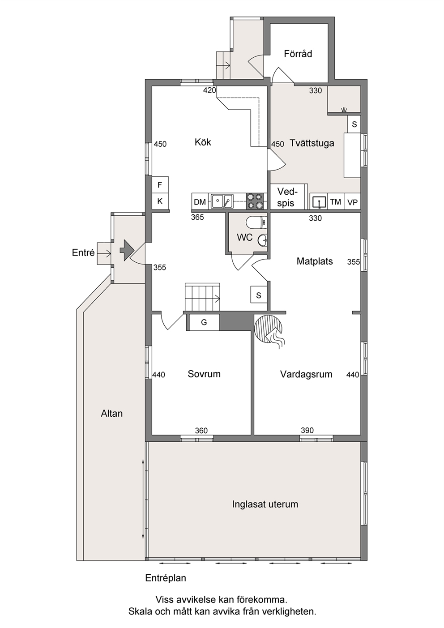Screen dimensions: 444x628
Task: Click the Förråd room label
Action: pos(298,54)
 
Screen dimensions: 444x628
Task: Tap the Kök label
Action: pos(203,142)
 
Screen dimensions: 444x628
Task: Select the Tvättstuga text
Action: pos(312,143)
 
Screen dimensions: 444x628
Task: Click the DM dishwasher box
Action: pos(200,201)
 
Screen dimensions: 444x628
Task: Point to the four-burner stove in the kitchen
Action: pos(255,201)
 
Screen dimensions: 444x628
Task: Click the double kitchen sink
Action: pos(222,201)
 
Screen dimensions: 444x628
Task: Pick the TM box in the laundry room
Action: pos(336,201)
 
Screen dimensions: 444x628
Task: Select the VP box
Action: pos(352,201)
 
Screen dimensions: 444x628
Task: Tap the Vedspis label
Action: pos(286,197)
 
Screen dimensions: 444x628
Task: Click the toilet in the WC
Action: pos(256,223)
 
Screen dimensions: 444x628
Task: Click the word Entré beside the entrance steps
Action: pos(83,252)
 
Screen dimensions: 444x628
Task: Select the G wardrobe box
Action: pos(205,322)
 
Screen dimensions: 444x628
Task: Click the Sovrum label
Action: pos(204,374)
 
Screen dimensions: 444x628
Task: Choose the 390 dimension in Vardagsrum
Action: pos(307,430)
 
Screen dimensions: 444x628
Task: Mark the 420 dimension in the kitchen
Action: pos(209,90)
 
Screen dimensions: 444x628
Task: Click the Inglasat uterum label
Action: pos(265,504)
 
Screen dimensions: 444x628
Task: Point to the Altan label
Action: pos(112,413)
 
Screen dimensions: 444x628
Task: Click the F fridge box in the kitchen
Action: pos(160,185)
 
